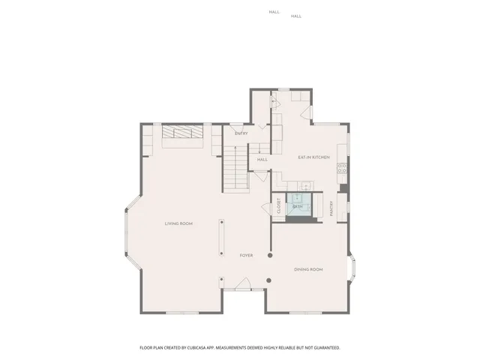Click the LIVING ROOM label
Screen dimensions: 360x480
pos(179,223)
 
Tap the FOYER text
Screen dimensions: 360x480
pos(246,255)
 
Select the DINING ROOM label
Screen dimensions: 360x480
pos(308,268)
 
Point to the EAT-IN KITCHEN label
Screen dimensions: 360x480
pos(313,157)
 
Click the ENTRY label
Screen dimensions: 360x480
pos(241,133)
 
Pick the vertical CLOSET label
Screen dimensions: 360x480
pos(278,205)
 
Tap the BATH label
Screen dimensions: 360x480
pos(298,206)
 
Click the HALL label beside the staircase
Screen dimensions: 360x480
pos(262,159)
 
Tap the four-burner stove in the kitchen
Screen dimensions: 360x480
pos(341,169)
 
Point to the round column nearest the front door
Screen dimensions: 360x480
pos(269,280)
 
